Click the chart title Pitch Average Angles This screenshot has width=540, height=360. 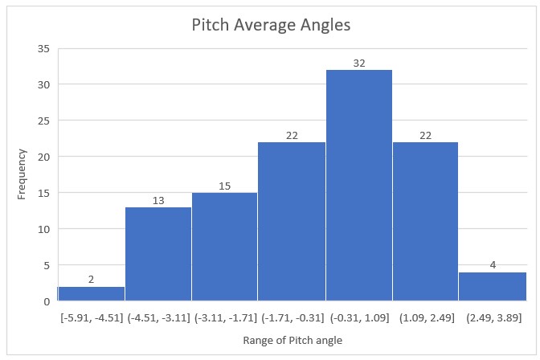point(271,25)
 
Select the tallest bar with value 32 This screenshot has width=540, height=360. point(358,185)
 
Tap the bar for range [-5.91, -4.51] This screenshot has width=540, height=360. point(91,294)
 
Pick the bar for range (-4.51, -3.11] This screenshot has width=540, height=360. point(157,254)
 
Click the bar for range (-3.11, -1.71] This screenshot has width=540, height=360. point(224,247)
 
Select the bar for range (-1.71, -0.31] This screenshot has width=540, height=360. point(292,221)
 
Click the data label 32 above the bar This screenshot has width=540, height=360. point(358,63)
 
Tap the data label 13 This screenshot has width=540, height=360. point(157,200)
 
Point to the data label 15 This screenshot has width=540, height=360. point(224,186)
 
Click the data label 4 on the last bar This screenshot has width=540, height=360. point(493,265)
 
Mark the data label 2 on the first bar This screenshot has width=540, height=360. point(91,280)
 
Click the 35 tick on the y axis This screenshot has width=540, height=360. point(43,49)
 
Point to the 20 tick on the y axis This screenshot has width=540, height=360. point(43,157)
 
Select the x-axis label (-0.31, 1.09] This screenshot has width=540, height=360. point(358,317)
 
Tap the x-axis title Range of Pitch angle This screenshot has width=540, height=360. point(292,341)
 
